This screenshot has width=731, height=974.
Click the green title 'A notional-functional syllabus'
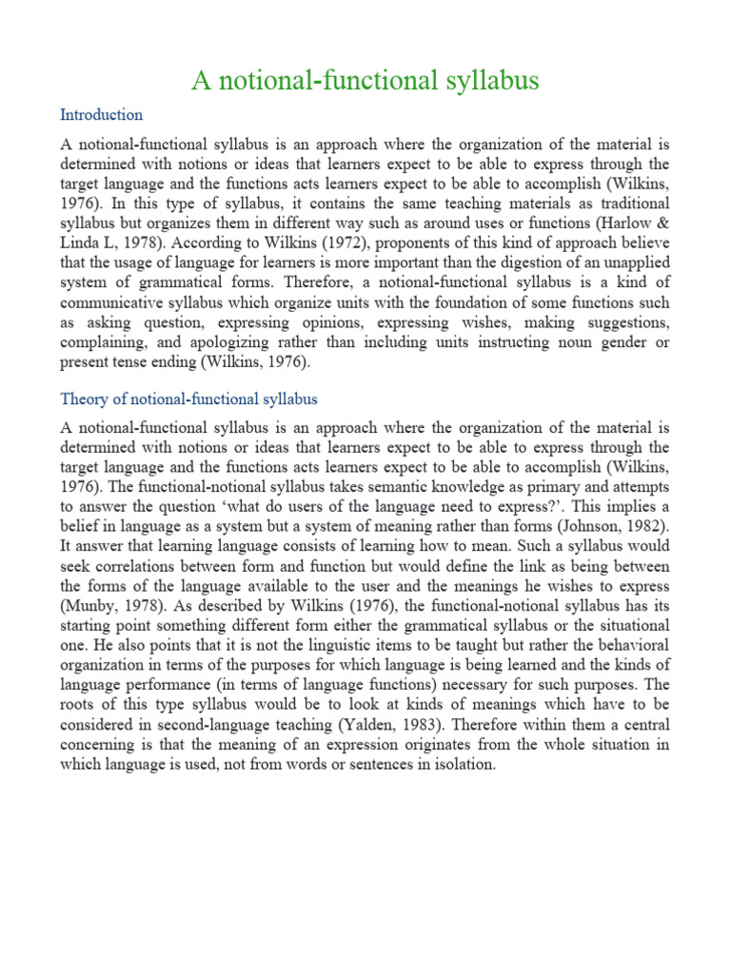pos(365,81)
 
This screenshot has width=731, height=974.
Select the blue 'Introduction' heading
pos(101,115)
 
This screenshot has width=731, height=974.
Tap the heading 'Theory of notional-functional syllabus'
pos(188,399)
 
